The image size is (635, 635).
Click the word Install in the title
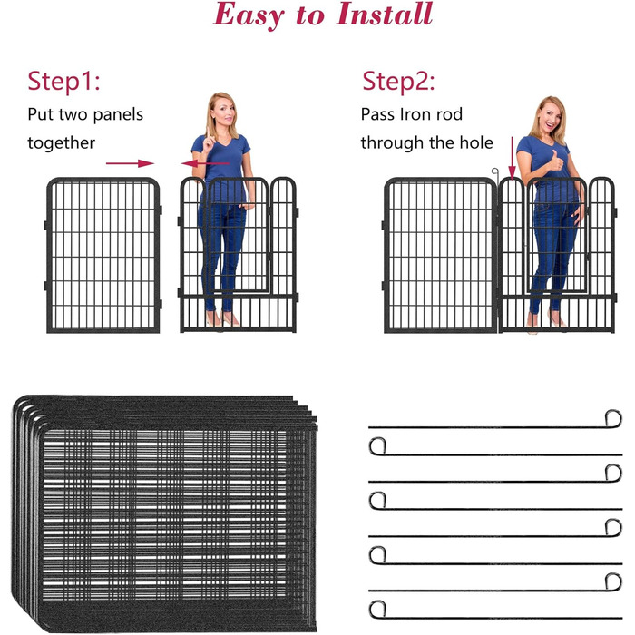385,14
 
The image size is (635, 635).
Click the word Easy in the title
249,16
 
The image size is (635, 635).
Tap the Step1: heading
63,82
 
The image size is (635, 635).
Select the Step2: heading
398,81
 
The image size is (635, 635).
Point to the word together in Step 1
61,143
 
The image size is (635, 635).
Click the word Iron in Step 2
415,114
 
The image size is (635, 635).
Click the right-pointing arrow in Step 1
130,163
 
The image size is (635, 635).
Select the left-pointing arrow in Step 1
205,163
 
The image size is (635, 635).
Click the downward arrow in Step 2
513,159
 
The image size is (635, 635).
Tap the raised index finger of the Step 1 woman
208,133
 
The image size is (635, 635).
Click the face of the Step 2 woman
552,117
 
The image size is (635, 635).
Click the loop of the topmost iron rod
613,419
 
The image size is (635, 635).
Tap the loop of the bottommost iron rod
377,609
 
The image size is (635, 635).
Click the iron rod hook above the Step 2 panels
495,173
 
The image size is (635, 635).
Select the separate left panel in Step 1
103,255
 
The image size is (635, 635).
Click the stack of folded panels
164,513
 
